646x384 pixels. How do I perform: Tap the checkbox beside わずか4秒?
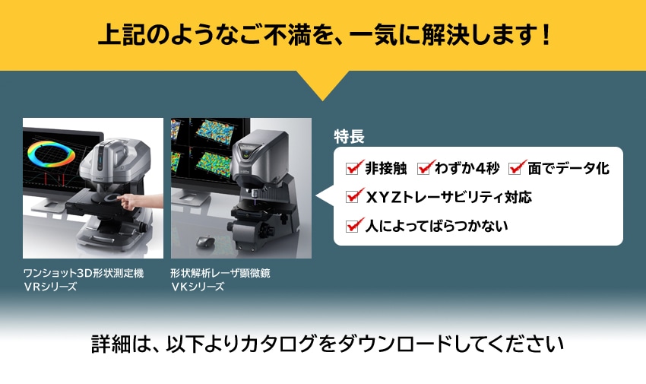pos(426,167)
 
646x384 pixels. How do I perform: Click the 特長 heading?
pos(350,137)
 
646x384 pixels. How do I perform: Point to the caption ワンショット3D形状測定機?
pos(83,273)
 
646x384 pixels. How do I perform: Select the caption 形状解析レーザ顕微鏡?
pos(220,273)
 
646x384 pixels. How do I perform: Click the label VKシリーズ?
pos(198,287)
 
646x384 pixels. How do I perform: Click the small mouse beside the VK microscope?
pos(203,241)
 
